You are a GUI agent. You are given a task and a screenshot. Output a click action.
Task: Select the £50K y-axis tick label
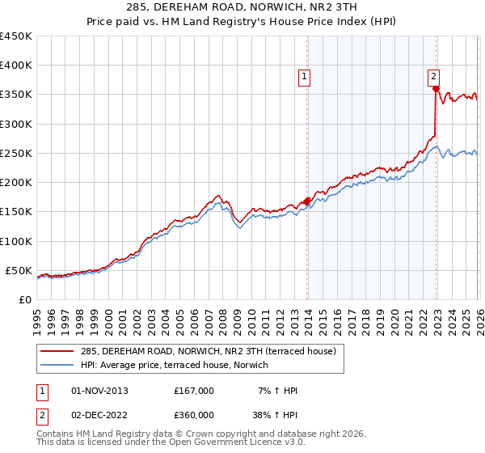click(19, 270)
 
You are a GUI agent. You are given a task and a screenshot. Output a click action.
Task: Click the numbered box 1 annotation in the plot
click(306, 78)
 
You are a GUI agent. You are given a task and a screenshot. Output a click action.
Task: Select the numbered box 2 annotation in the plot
click(434, 77)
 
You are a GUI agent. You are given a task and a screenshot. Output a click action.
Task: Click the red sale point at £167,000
click(306, 202)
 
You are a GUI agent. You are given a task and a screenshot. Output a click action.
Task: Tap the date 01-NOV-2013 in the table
click(100, 391)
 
